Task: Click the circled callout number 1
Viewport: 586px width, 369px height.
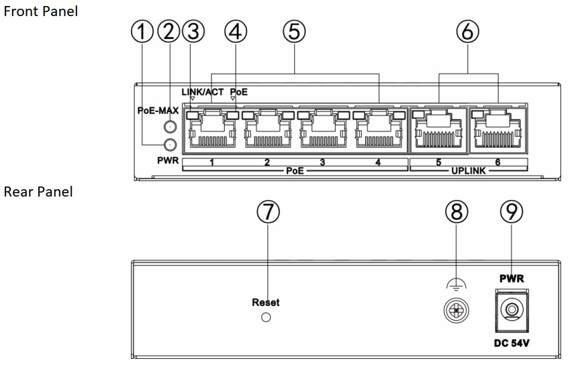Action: [142, 32]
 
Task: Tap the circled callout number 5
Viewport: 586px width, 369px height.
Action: [294, 32]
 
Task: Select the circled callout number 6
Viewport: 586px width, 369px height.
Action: [468, 32]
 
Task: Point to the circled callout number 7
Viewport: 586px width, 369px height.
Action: [268, 212]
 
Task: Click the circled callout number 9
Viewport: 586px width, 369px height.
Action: [511, 212]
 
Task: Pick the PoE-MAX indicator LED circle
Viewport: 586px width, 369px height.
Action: [170, 127]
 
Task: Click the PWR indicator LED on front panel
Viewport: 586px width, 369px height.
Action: [170, 144]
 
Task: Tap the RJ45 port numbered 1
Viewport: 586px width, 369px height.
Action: [212, 130]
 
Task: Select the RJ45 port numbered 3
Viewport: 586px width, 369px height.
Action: [323, 130]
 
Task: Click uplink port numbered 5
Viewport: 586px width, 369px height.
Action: [438, 130]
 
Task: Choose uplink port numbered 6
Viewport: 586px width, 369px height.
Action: [497, 130]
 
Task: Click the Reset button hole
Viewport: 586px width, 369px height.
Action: [266, 317]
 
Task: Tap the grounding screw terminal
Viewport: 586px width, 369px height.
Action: [456, 310]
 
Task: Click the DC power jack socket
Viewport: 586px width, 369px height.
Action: [511, 311]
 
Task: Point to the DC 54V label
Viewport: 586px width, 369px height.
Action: [511, 343]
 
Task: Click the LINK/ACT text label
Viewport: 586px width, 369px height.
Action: [203, 92]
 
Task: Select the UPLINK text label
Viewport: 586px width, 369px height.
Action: [469, 171]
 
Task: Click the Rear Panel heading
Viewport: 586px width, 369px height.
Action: [38, 192]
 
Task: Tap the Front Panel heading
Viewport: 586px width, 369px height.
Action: [41, 11]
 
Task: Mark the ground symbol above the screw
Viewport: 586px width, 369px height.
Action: [456, 285]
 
